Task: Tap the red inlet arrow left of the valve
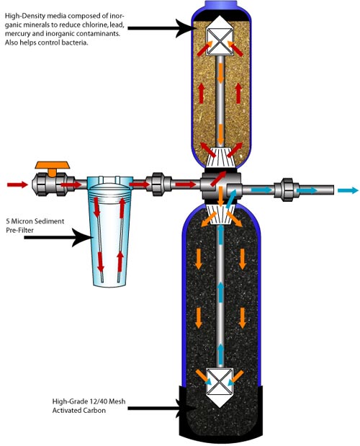[x=17, y=185]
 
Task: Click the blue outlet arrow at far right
[x=348, y=190]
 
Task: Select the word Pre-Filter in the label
[x=19, y=230]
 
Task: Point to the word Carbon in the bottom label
[x=95, y=411]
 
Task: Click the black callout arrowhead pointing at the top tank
[x=186, y=28]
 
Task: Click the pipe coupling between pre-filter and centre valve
[x=158, y=184]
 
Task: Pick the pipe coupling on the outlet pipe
[x=287, y=189]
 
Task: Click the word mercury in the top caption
[x=18, y=34]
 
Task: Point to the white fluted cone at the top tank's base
[x=220, y=157]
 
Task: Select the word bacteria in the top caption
[x=76, y=43]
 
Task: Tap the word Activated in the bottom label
[x=68, y=411]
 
